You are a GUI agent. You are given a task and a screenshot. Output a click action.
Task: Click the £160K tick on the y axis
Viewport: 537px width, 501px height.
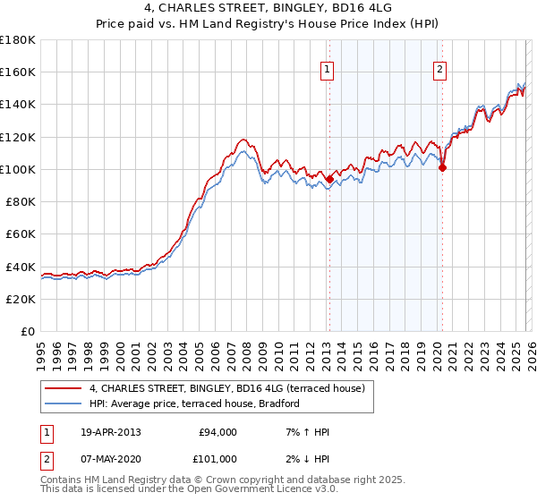[18, 72]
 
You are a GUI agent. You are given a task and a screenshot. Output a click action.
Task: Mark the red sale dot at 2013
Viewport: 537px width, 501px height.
[329, 179]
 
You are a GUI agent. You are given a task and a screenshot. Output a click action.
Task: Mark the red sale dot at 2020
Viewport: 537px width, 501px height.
[442, 167]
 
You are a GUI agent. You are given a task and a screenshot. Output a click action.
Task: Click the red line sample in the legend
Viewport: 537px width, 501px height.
[64, 389]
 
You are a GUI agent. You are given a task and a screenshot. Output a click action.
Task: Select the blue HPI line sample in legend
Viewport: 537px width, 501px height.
[64, 404]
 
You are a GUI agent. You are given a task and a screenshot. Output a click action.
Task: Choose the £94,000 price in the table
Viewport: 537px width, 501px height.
[217, 432]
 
